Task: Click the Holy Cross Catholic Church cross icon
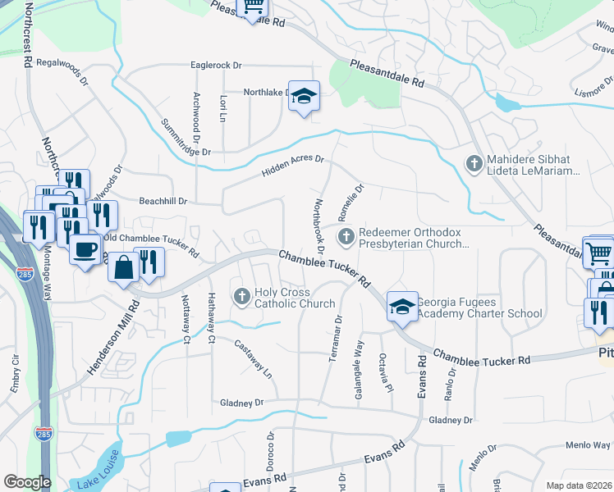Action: point(241,296)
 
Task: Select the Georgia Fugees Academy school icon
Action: point(402,307)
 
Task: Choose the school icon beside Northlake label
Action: point(304,98)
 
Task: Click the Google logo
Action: point(27,482)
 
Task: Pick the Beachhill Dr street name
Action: point(163,201)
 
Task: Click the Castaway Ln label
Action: point(254,357)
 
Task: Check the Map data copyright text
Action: point(579,485)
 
